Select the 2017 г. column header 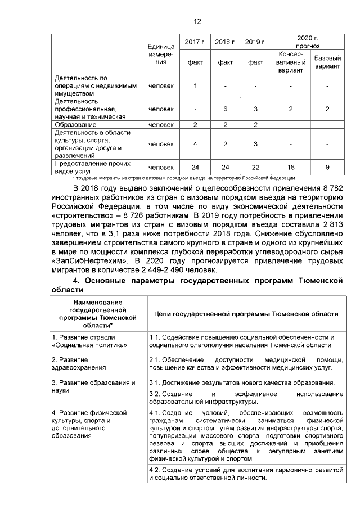pos(195,42)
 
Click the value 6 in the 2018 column pos(225,109)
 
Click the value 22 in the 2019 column pos(255,167)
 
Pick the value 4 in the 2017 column pos(195,144)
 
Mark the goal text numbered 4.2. pos(245,473)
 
